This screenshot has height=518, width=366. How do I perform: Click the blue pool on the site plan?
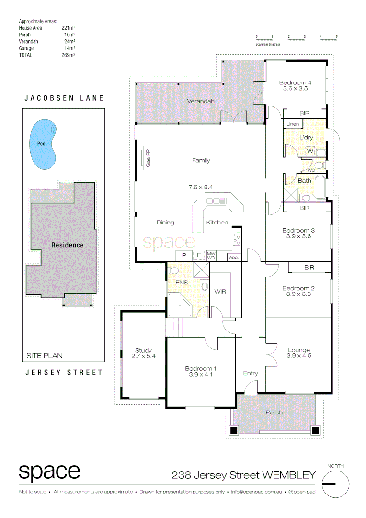[x=43, y=143]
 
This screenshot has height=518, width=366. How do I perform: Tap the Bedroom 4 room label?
[x=295, y=83]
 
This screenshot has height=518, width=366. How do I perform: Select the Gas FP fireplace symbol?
[x=143, y=158]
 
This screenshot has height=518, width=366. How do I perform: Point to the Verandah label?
[x=200, y=101]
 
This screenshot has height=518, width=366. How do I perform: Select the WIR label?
[x=220, y=291]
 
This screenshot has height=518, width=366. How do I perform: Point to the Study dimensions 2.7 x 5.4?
[x=143, y=356]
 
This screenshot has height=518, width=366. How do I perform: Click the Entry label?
[x=251, y=373]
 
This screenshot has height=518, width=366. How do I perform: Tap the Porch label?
[x=274, y=412]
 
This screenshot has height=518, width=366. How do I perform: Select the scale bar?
[x=297, y=39]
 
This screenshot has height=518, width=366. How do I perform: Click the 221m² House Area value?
[x=69, y=28]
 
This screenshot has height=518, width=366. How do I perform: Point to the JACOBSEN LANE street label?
[x=64, y=98]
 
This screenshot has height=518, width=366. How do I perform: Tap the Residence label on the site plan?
[x=68, y=245]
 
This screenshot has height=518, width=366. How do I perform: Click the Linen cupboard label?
[x=293, y=124]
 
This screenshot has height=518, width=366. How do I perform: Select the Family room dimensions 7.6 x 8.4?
[x=200, y=187]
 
